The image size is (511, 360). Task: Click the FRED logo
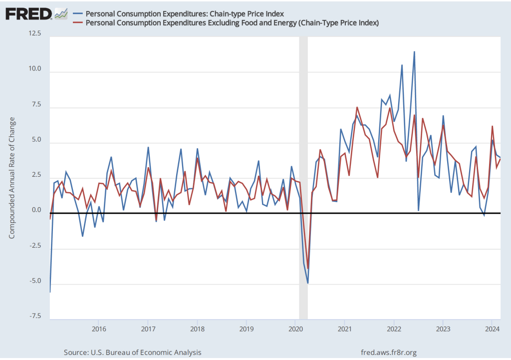pos(28,13)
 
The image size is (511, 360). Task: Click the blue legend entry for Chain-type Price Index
pos(185,13)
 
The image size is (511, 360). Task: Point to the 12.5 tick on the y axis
pos(35,33)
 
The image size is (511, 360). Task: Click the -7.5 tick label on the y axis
pos(35,317)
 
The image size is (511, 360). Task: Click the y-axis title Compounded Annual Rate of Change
pos(12,178)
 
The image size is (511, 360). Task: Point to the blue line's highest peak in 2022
pos(414,52)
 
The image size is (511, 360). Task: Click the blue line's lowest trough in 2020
pos(308,283)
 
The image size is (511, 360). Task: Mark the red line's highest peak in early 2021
pos(357,107)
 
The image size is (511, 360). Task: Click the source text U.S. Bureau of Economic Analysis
pos(133,353)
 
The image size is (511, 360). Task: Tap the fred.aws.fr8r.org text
pos(389,353)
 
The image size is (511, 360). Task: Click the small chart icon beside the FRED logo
pos(61,13)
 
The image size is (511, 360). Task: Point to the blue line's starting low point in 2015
pos(50,292)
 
